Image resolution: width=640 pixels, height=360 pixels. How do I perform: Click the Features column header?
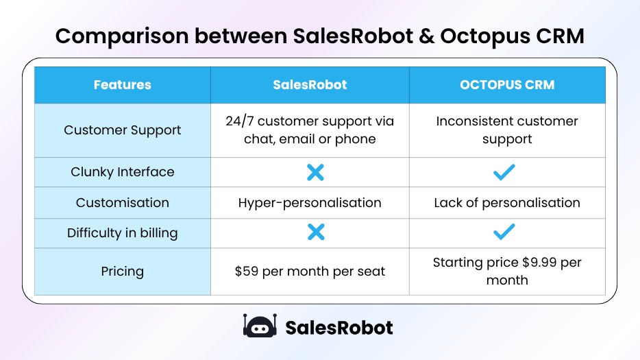122,85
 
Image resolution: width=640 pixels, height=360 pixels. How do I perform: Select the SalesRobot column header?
310,85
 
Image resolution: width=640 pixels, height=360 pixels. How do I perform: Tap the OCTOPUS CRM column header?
507,85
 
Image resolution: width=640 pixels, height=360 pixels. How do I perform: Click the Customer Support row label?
122,130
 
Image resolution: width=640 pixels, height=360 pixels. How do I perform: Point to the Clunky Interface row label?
122,172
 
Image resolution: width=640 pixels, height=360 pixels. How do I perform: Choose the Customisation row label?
122,203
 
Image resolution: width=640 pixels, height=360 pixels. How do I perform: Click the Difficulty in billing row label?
122,233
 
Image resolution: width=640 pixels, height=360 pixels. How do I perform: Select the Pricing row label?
122,272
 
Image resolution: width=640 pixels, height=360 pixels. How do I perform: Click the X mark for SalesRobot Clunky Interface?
315,172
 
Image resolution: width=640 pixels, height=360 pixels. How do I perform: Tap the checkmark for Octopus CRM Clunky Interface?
504,172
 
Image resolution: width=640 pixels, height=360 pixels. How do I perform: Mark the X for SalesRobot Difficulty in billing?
315,233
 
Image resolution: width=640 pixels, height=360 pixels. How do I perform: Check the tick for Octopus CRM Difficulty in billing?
504,233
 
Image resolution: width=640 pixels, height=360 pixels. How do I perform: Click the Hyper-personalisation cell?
310,203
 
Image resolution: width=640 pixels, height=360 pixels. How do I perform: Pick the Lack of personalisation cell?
507,203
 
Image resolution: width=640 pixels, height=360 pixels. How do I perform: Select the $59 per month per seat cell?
310,272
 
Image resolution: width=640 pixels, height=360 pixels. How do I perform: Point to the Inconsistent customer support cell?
507,130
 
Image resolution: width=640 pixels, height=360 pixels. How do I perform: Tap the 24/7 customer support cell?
310,130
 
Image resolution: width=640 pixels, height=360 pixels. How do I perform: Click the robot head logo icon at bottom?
259,326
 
